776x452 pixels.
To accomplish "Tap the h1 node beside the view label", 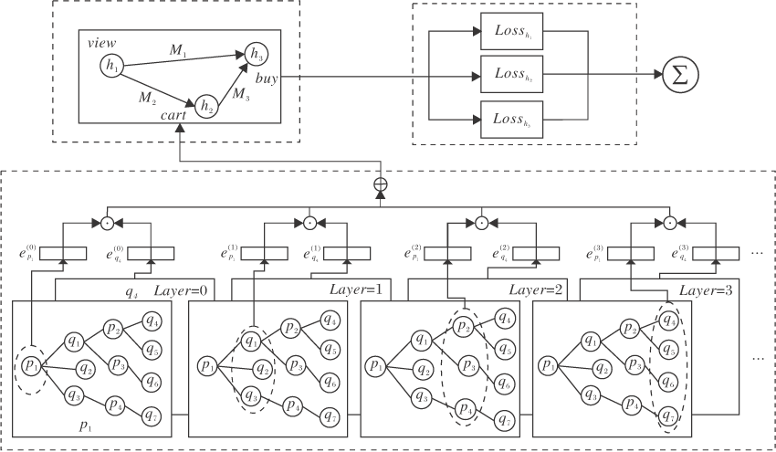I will coord(111,65).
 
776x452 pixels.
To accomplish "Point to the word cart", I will coord(174,115).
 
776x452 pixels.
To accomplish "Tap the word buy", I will coord(267,79).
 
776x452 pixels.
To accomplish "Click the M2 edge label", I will coord(146,95).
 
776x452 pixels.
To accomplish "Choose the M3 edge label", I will coord(239,91).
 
